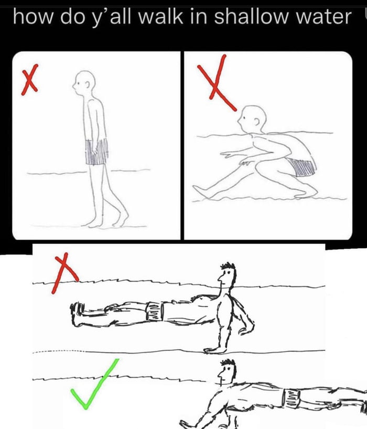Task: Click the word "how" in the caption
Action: [x=32, y=17]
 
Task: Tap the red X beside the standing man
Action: [x=30, y=80]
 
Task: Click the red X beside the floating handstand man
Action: [x=64, y=273]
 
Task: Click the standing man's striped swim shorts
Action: [x=96, y=152]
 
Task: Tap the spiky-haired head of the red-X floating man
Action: [x=227, y=275]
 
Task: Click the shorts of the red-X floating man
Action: [x=155, y=311]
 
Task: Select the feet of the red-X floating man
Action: [x=76, y=314]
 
